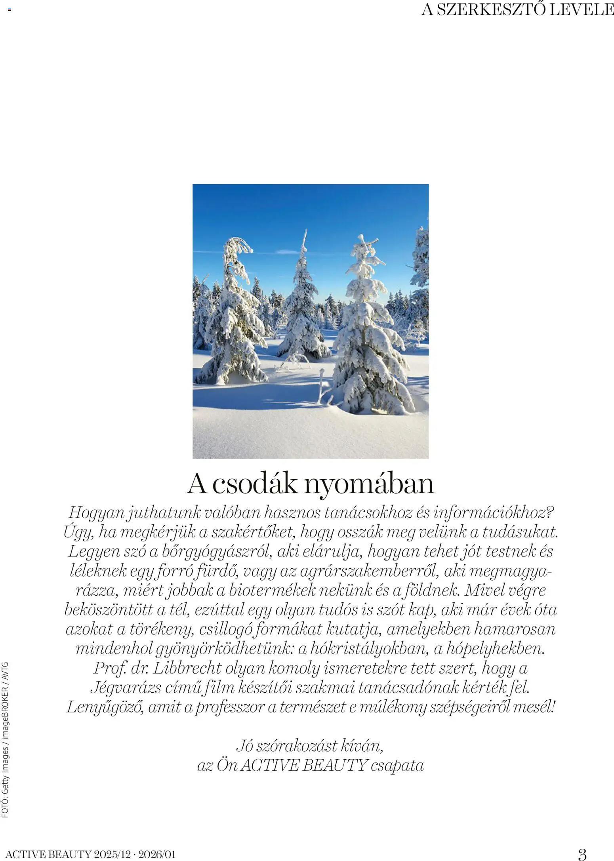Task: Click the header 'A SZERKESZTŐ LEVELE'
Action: pyautogui.click(x=517, y=10)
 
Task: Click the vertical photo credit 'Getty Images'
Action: pyautogui.click(x=5, y=754)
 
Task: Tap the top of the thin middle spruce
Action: pyautogui.click(x=305, y=234)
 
